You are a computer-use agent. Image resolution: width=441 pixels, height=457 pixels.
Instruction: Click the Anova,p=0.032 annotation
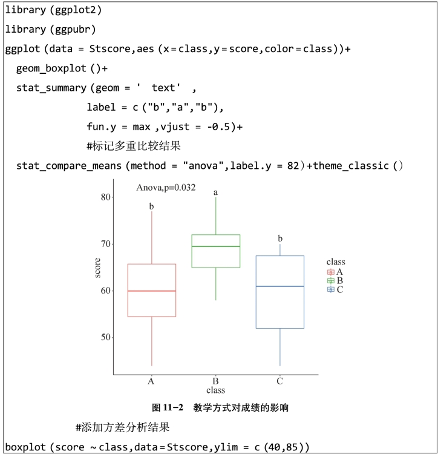(166, 188)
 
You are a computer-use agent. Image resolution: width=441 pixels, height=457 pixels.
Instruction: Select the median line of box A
(151, 291)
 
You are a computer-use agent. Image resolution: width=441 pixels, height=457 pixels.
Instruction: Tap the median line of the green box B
(216, 246)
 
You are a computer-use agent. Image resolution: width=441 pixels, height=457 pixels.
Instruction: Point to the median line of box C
(279, 286)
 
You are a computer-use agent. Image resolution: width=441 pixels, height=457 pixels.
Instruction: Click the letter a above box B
(216, 192)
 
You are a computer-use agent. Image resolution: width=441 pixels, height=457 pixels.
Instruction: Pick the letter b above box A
(151, 207)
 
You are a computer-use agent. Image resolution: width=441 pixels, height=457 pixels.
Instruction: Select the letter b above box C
(279, 238)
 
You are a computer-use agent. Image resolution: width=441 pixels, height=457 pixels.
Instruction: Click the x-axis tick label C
(279, 381)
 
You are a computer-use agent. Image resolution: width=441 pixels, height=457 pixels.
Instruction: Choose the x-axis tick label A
(151, 381)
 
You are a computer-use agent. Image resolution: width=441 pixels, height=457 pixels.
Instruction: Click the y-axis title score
(97, 268)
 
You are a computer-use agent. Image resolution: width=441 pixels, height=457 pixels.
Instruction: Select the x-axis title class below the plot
(215, 390)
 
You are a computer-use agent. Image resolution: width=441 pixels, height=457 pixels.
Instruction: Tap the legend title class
(336, 262)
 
